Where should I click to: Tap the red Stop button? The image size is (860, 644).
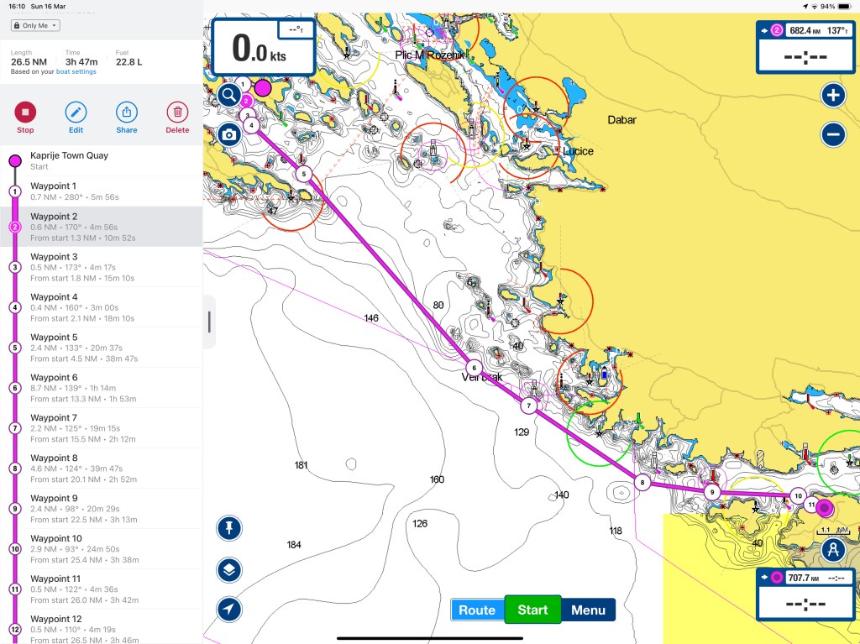click(25, 112)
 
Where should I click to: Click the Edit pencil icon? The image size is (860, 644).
click(76, 112)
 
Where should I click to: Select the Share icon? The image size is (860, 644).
click(126, 112)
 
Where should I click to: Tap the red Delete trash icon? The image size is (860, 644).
click(177, 112)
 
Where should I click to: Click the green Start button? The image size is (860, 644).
click(532, 610)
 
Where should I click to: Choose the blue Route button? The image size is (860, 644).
click(477, 610)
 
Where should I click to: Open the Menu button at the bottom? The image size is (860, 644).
click(588, 610)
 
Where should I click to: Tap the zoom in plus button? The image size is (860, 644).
click(832, 95)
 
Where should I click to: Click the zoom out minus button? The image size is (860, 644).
click(832, 134)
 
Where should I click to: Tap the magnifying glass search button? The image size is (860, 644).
click(228, 95)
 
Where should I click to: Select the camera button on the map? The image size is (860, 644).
click(228, 134)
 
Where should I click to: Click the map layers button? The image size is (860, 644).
click(228, 570)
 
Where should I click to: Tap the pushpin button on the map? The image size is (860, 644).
click(228, 528)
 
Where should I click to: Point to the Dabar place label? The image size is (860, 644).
click(621, 120)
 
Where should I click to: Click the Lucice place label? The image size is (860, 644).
click(578, 151)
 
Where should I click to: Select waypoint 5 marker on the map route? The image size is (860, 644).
click(304, 174)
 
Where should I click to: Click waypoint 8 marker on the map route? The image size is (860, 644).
click(642, 483)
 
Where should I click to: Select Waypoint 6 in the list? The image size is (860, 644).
click(101, 387)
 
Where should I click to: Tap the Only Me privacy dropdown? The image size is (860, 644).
click(35, 26)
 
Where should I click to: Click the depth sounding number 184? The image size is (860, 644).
click(294, 545)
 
